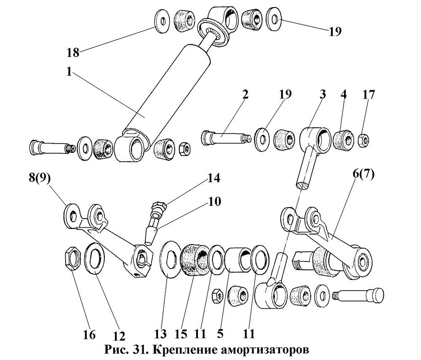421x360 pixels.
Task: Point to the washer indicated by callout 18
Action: [x=161, y=21]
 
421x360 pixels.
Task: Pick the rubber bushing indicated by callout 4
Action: [x=344, y=139]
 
